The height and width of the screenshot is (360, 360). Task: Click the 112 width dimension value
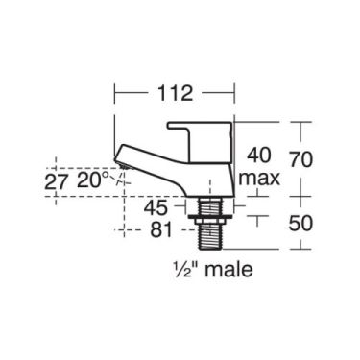(174, 93)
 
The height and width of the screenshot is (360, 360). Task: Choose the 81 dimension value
(162, 230)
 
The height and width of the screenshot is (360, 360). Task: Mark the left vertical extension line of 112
(115, 106)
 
